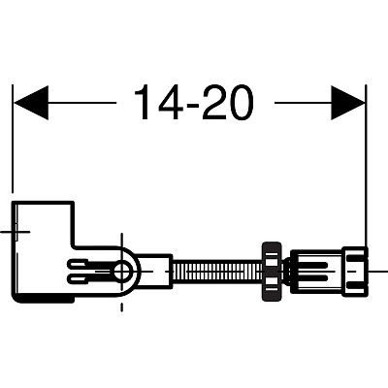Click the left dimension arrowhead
pyautogui.click(x=31, y=103)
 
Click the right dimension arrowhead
pyautogui.click(x=348, y=103)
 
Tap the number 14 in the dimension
pyautogui.click(x=158, y=103)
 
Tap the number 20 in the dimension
pyautogui.click(x=228, y=103)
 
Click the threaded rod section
pyautogui.click(x=218, y=271)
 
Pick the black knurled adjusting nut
pyautogui.click(x=273, y=271)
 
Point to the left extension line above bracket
pyautogui.click(x=13, y=139)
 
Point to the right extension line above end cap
pyautogui.click(x=366, y=165)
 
